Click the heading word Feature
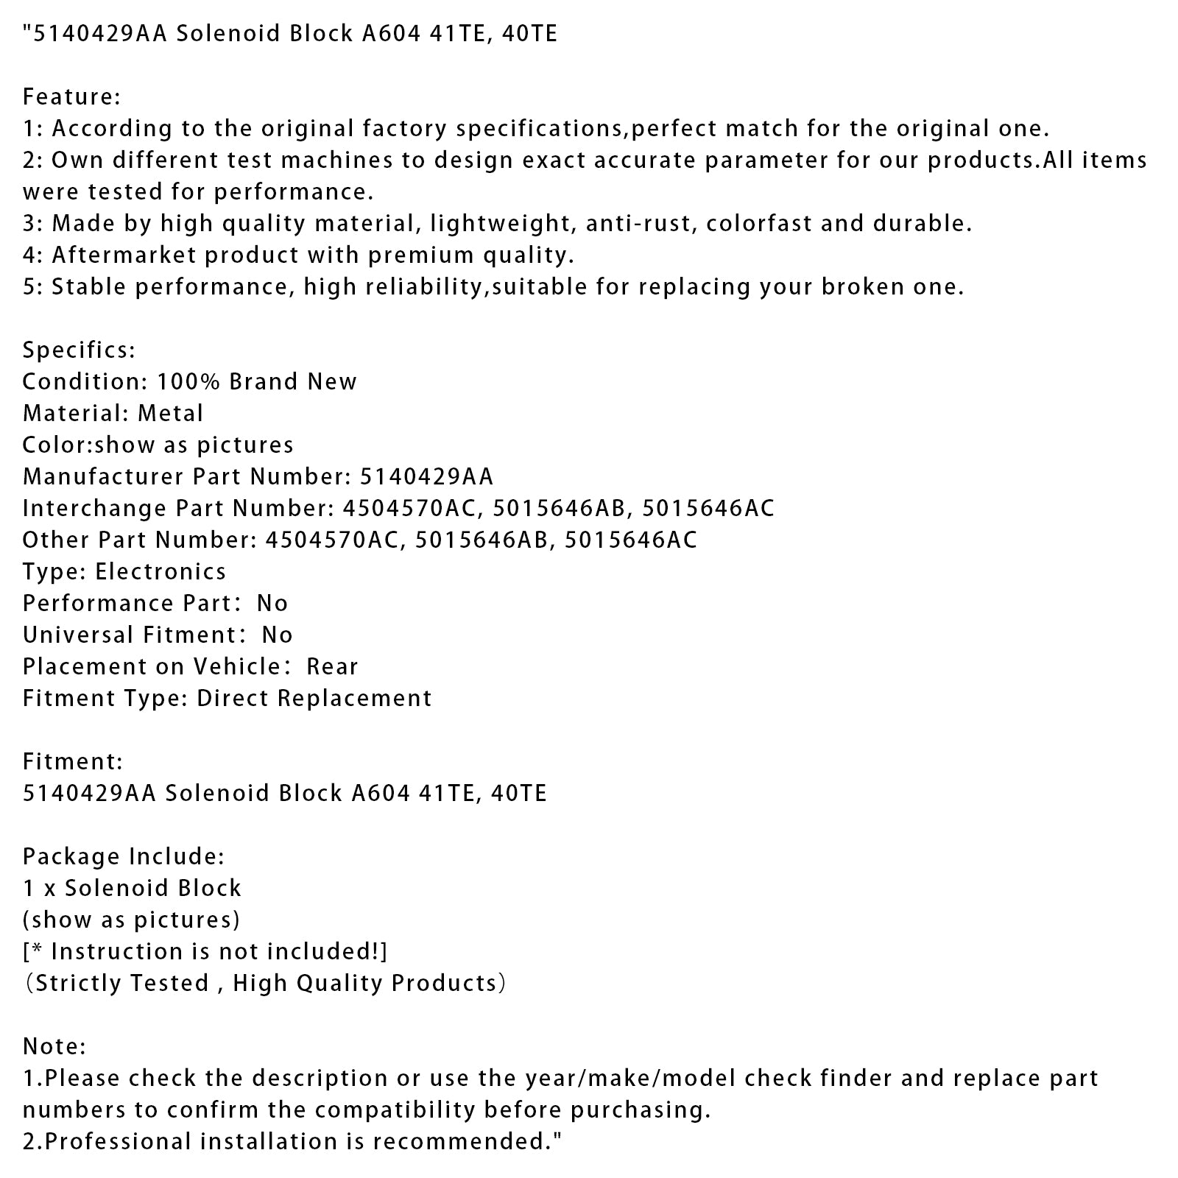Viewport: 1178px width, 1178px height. (x=68, y=96)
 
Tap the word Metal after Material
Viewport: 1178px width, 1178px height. (x=170, y=413)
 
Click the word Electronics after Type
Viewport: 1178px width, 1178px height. (x=161, y=571)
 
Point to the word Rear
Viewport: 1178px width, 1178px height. (x=332, y=666)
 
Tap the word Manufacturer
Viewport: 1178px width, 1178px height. (x=104, y=476)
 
